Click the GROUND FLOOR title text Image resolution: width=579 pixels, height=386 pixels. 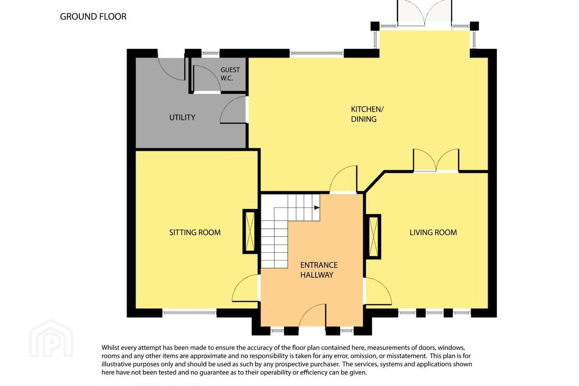[x=93, y=16]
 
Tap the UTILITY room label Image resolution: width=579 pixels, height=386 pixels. [x=182, y=117]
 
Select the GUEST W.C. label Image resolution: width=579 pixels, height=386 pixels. [x=230, y=74]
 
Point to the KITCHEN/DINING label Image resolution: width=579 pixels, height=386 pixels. [x=367, y=114]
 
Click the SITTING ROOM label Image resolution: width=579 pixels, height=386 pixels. [x=195, y=232]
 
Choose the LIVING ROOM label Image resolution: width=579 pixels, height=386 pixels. [x=433, y=232]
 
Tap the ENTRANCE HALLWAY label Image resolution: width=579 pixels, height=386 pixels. [x=319, y=270]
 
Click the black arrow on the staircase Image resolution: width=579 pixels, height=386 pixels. [x=317, y=207]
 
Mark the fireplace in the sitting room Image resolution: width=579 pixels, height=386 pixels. [x=250, y=231]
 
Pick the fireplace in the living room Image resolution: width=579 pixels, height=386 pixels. [x=373, y=236]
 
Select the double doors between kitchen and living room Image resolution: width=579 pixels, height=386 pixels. [x=436, y=160]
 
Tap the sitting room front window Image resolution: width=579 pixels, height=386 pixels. [x=189, y=313]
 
